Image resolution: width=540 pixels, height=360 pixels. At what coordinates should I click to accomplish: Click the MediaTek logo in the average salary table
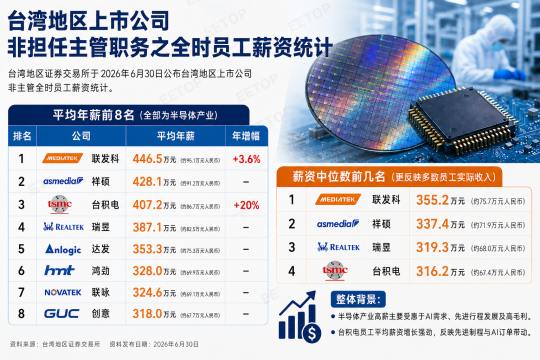tap(62, 158)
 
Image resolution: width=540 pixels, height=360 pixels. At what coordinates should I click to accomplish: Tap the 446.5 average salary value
tap(147, 159)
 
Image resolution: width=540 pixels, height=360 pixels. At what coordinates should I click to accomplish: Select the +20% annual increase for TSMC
tap(246, 205)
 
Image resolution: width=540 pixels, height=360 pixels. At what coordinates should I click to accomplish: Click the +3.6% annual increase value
tap(246, 159)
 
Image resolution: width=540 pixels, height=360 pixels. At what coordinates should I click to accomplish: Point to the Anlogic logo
tap(63, 249)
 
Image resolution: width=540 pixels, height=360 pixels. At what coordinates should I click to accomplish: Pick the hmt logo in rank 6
tap(59, 270)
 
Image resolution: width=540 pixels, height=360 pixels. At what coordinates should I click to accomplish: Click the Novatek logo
tap(62, 292)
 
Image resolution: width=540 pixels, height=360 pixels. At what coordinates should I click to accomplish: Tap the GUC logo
tap(61, 313)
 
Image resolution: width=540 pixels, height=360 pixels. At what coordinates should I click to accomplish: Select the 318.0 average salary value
tap(147, 314)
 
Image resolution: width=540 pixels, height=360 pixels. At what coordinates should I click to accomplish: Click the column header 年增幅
tap(246, 136)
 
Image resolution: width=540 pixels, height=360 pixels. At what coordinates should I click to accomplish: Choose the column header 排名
tap(22, 136)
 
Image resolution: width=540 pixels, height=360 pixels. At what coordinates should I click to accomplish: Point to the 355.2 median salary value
tap(432, 200)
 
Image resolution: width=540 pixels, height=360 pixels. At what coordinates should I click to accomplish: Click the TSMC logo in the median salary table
tap(335, 271)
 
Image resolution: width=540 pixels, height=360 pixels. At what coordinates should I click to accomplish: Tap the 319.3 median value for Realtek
tap(432, 247)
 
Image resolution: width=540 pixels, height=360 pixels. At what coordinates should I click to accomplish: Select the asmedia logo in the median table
tap(338, 224)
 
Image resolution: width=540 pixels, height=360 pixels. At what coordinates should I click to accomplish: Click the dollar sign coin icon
tap(311, 333)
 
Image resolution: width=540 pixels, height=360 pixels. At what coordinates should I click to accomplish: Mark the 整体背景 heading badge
tap(358, 299)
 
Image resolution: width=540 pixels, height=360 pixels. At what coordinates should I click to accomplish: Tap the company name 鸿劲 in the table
tap(100, 271)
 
